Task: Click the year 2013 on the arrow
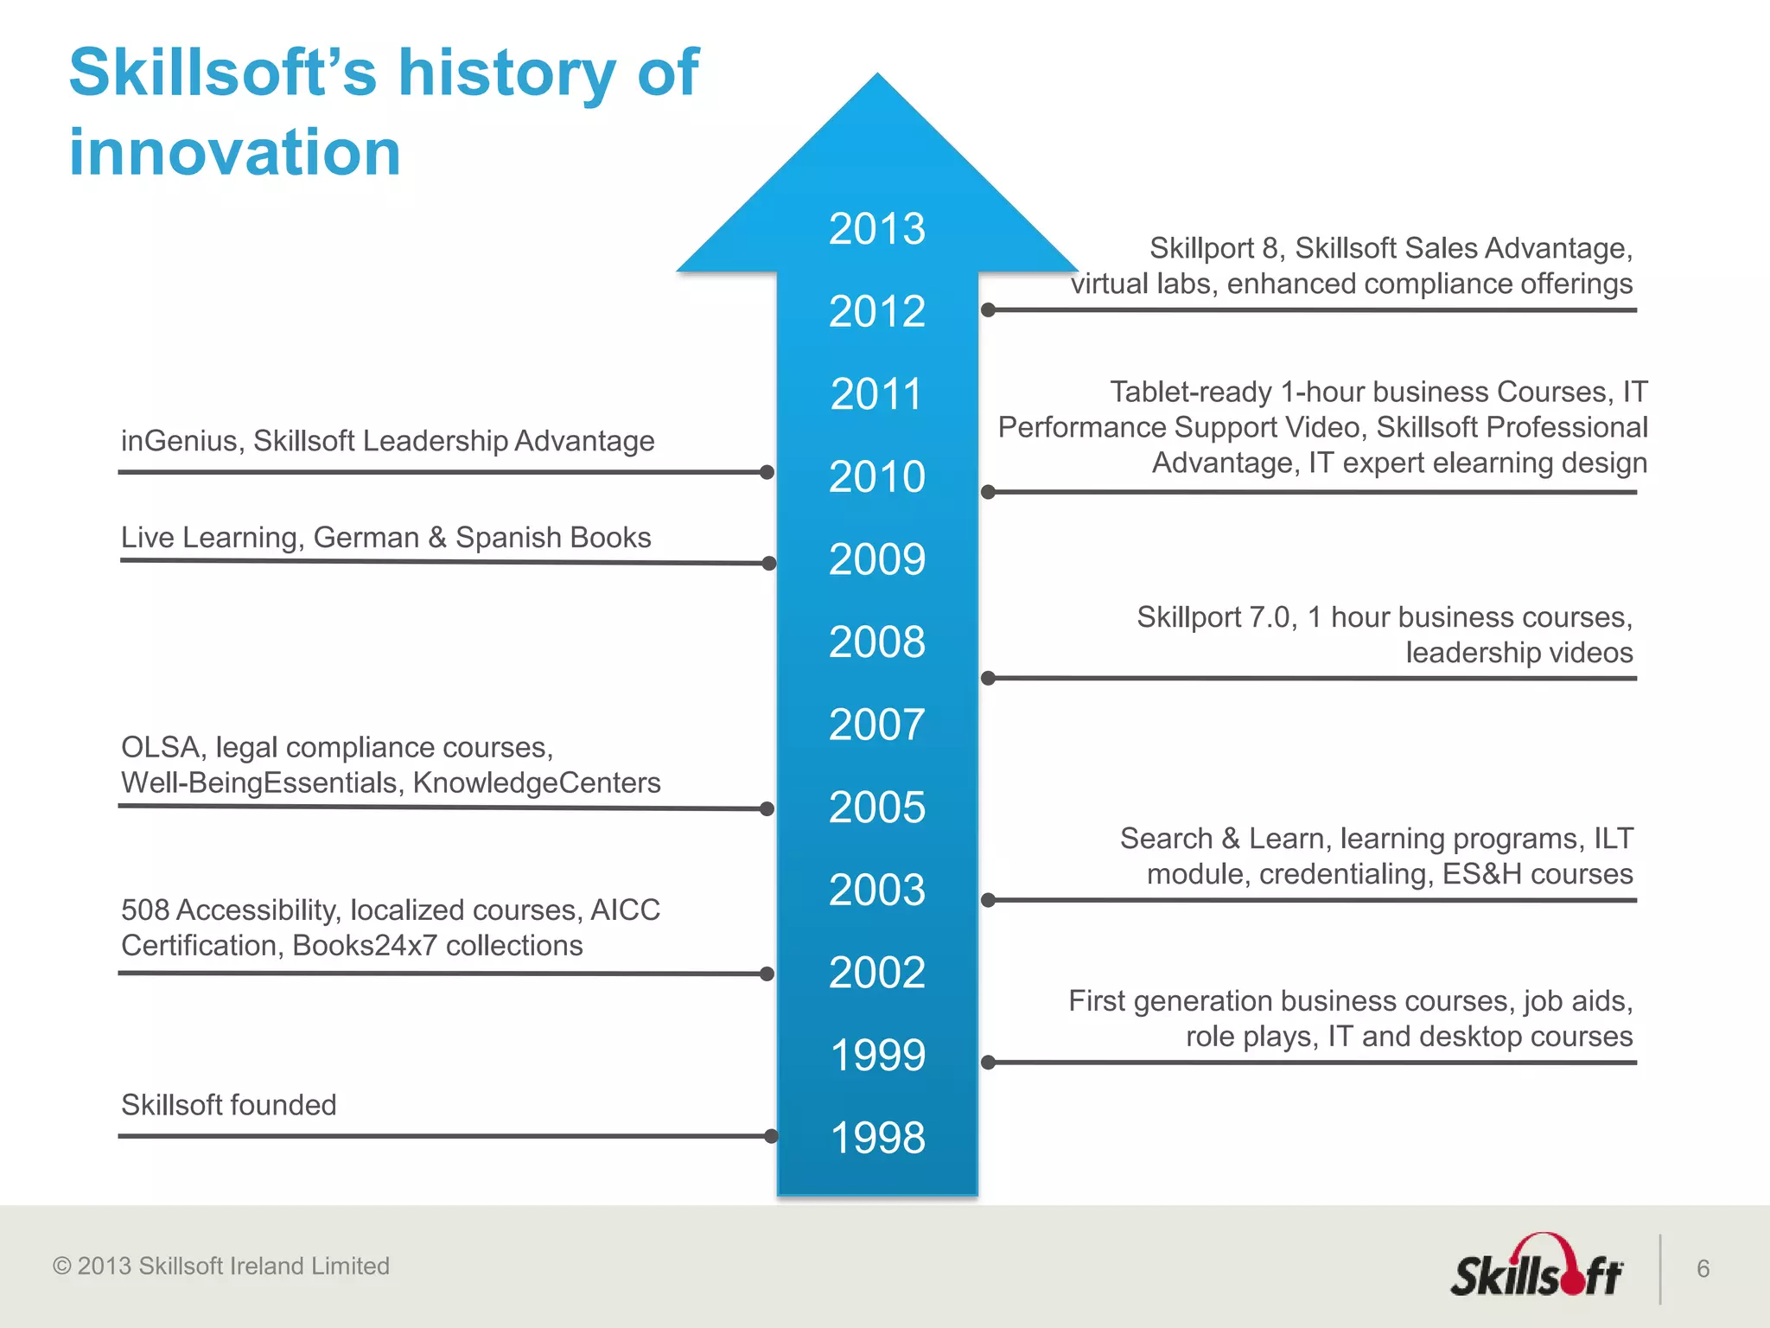point(876,229)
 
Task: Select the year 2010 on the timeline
point(876,476)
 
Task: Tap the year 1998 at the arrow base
point(876,1137)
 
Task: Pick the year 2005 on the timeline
point(876,807)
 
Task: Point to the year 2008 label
point(876,642)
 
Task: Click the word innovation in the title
point(234,152)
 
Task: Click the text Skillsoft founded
point(228,1104)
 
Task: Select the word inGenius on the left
point(179,441)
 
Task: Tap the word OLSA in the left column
point(161,746)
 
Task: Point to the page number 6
point(1703,1268)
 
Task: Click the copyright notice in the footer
point(221,1266)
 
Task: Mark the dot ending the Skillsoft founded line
point(771,1136)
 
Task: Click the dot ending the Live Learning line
point(769,564)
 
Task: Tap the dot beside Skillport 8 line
point(989,310)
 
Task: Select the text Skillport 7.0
point(1215,616)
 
